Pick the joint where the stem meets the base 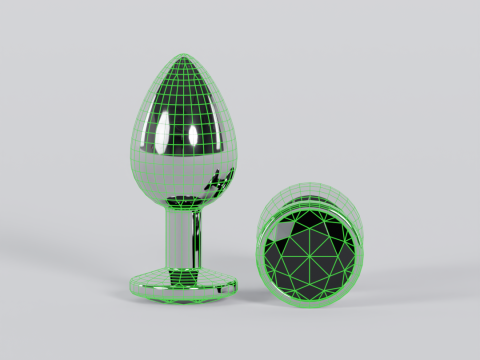pos(186,265)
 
